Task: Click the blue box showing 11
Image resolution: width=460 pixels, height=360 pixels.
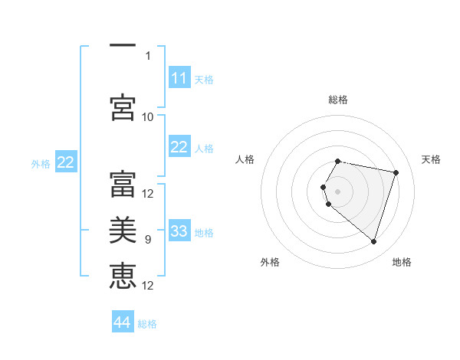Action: (x=179, y=78)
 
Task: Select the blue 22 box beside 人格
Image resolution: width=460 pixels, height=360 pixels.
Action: (x=179, y=148)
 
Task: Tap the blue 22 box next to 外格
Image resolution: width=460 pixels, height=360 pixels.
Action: (x=66, y=162)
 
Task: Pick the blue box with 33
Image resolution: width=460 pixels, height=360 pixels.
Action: (x=179, y=231)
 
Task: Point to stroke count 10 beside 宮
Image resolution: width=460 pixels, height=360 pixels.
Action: (x=148, y=116)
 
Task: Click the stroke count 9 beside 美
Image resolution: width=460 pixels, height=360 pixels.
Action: (x=148, y=240)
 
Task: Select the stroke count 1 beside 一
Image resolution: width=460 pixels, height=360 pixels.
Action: (x=148, y=55)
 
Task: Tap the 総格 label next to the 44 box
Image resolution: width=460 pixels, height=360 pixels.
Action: (x=147, y=324)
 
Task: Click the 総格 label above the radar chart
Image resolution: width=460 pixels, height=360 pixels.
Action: (x=338, y=100)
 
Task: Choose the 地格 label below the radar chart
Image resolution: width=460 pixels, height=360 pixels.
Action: (x=402, y=263)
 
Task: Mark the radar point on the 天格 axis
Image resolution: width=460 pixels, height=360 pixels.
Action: (x=396, y=172)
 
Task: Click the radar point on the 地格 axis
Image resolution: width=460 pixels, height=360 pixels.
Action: (x=373, y=242)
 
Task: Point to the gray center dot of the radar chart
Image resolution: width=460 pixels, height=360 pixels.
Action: (x=338, y=190)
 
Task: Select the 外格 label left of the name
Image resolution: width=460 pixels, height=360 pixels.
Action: (x=41, y=163)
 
